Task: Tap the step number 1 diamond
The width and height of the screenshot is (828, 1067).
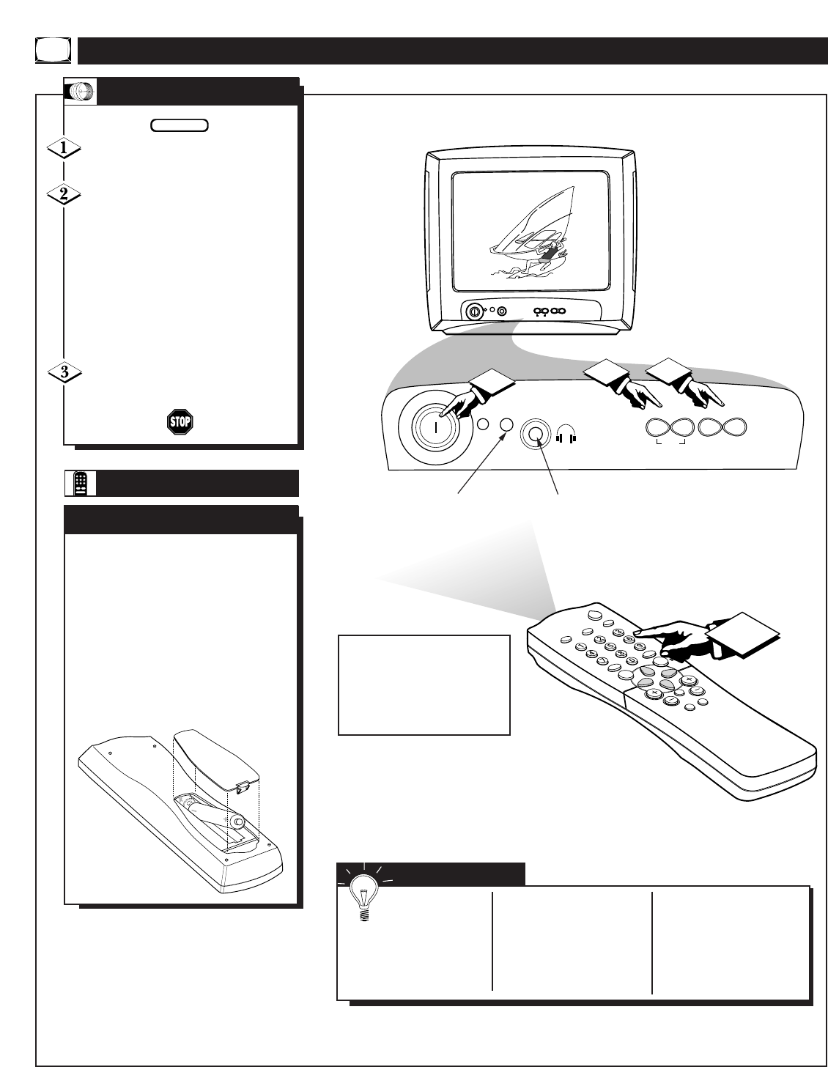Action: pyautogui.click(x=64, y=148)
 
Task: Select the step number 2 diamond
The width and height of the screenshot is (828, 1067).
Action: pyautogui.click(x=64, y=195)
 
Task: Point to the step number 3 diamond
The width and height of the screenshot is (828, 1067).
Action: pyautogui.click(x=64, y=372)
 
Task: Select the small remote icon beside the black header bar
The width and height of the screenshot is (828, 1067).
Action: pyautogui.click(x=82, y=483)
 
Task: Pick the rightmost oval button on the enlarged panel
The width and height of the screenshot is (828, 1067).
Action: pyautogui.click(x=732, y=428)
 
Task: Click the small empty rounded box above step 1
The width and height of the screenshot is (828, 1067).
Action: pyautogui.click(x=180, y=125)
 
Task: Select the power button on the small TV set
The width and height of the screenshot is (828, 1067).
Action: pyautogui.click(x=474, y=311)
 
